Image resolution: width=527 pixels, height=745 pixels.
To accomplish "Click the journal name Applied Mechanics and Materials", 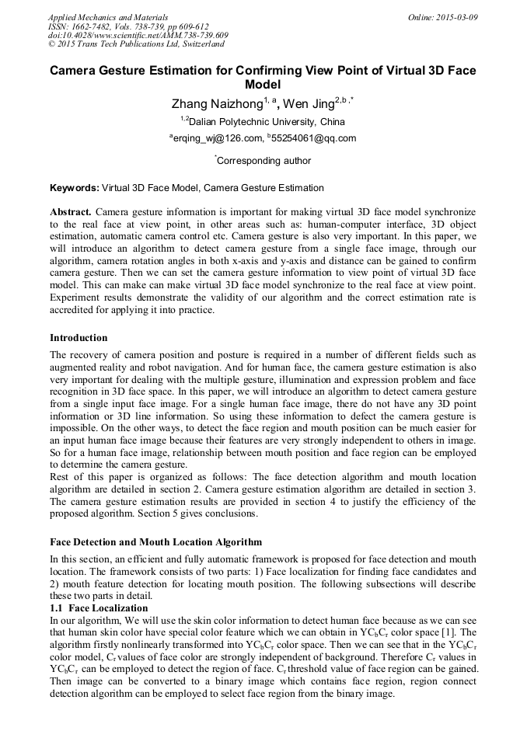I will (108, 17).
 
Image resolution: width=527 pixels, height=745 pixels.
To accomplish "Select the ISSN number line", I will (128, 26).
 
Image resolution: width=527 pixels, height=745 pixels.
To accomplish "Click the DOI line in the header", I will (138, 36).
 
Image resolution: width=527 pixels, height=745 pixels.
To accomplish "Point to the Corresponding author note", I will (263, 161).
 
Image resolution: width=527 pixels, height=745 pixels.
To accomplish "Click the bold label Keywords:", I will (75, 188).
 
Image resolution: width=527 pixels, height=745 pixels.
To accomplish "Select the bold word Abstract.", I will (71, 212).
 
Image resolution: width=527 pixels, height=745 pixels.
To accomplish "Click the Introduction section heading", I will (79, 338).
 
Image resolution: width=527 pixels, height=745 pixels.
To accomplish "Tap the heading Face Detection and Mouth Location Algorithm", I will (155, 541).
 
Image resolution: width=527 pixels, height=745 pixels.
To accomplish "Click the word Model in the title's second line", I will (263, 85).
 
